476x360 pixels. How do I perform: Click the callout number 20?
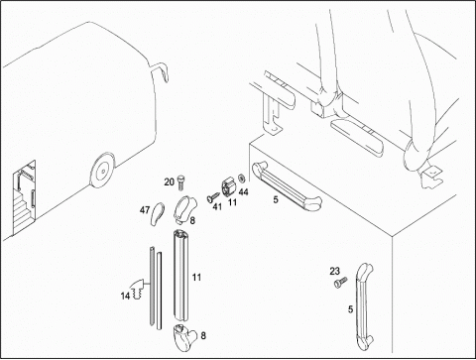(x=169, y=181)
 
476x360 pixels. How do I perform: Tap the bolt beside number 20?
(x=180, y=182)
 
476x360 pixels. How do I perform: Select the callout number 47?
(x=145, y=210)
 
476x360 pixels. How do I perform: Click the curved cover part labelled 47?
(x=158, y=214)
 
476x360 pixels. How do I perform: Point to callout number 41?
(x=217, y=207)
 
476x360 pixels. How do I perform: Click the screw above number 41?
(x=212, y=197)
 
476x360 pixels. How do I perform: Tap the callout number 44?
(x=243, y=192)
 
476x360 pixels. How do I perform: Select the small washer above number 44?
(x=241, y=179)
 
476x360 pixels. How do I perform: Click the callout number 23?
(x=334, y=271)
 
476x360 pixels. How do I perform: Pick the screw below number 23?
(x=340, y=283)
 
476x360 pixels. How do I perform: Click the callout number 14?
(x=125, y=296)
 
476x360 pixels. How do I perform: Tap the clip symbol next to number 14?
(x=138, y=289)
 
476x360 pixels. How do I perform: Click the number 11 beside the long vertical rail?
(x=196, y=277)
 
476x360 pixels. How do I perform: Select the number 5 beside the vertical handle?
(x=350, y=309)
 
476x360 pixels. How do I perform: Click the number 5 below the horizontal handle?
(x=276, y=199)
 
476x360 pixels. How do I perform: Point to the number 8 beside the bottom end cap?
(x=203, y=335)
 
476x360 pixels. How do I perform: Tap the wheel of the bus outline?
(x=103, y=171)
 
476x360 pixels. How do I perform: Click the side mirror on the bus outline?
(x=160, y=71)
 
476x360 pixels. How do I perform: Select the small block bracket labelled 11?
(x=228, y=187)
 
